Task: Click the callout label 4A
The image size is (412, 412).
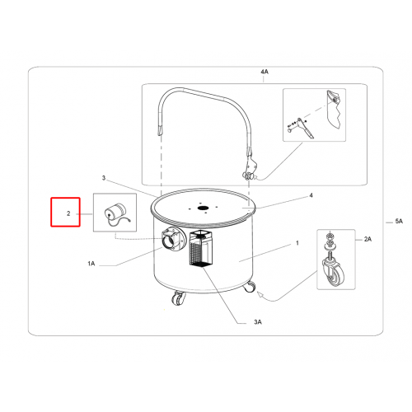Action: coord(265,72)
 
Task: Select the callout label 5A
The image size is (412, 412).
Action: coord(399,221)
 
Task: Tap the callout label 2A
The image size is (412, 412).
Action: coord(368,239)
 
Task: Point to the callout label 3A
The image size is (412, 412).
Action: coord(258,322)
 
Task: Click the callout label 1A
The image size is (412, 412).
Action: coord(91,264)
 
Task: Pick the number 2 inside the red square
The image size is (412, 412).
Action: coord(68,213)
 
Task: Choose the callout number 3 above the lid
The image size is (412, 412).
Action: coord(104,178)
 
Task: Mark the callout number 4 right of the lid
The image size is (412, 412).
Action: coord(311,195)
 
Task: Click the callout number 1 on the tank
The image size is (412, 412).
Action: coord(297,243)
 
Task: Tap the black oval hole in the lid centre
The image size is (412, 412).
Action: coord(203,208)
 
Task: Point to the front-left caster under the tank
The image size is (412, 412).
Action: coord(178,299)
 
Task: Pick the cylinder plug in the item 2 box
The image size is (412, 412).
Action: coord(115,210)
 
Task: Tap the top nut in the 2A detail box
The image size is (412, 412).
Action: coord(329,236)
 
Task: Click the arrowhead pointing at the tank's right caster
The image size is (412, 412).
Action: coord(260,295)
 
